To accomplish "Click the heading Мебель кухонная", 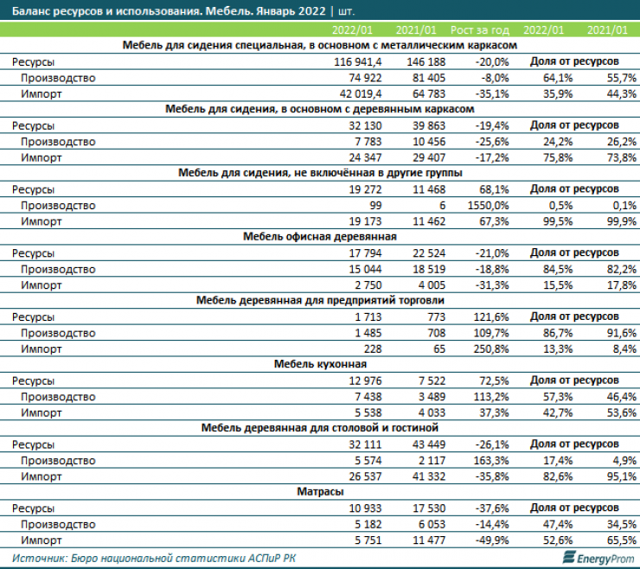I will pos(320,363).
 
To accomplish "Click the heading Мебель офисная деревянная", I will pos(320,235).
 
